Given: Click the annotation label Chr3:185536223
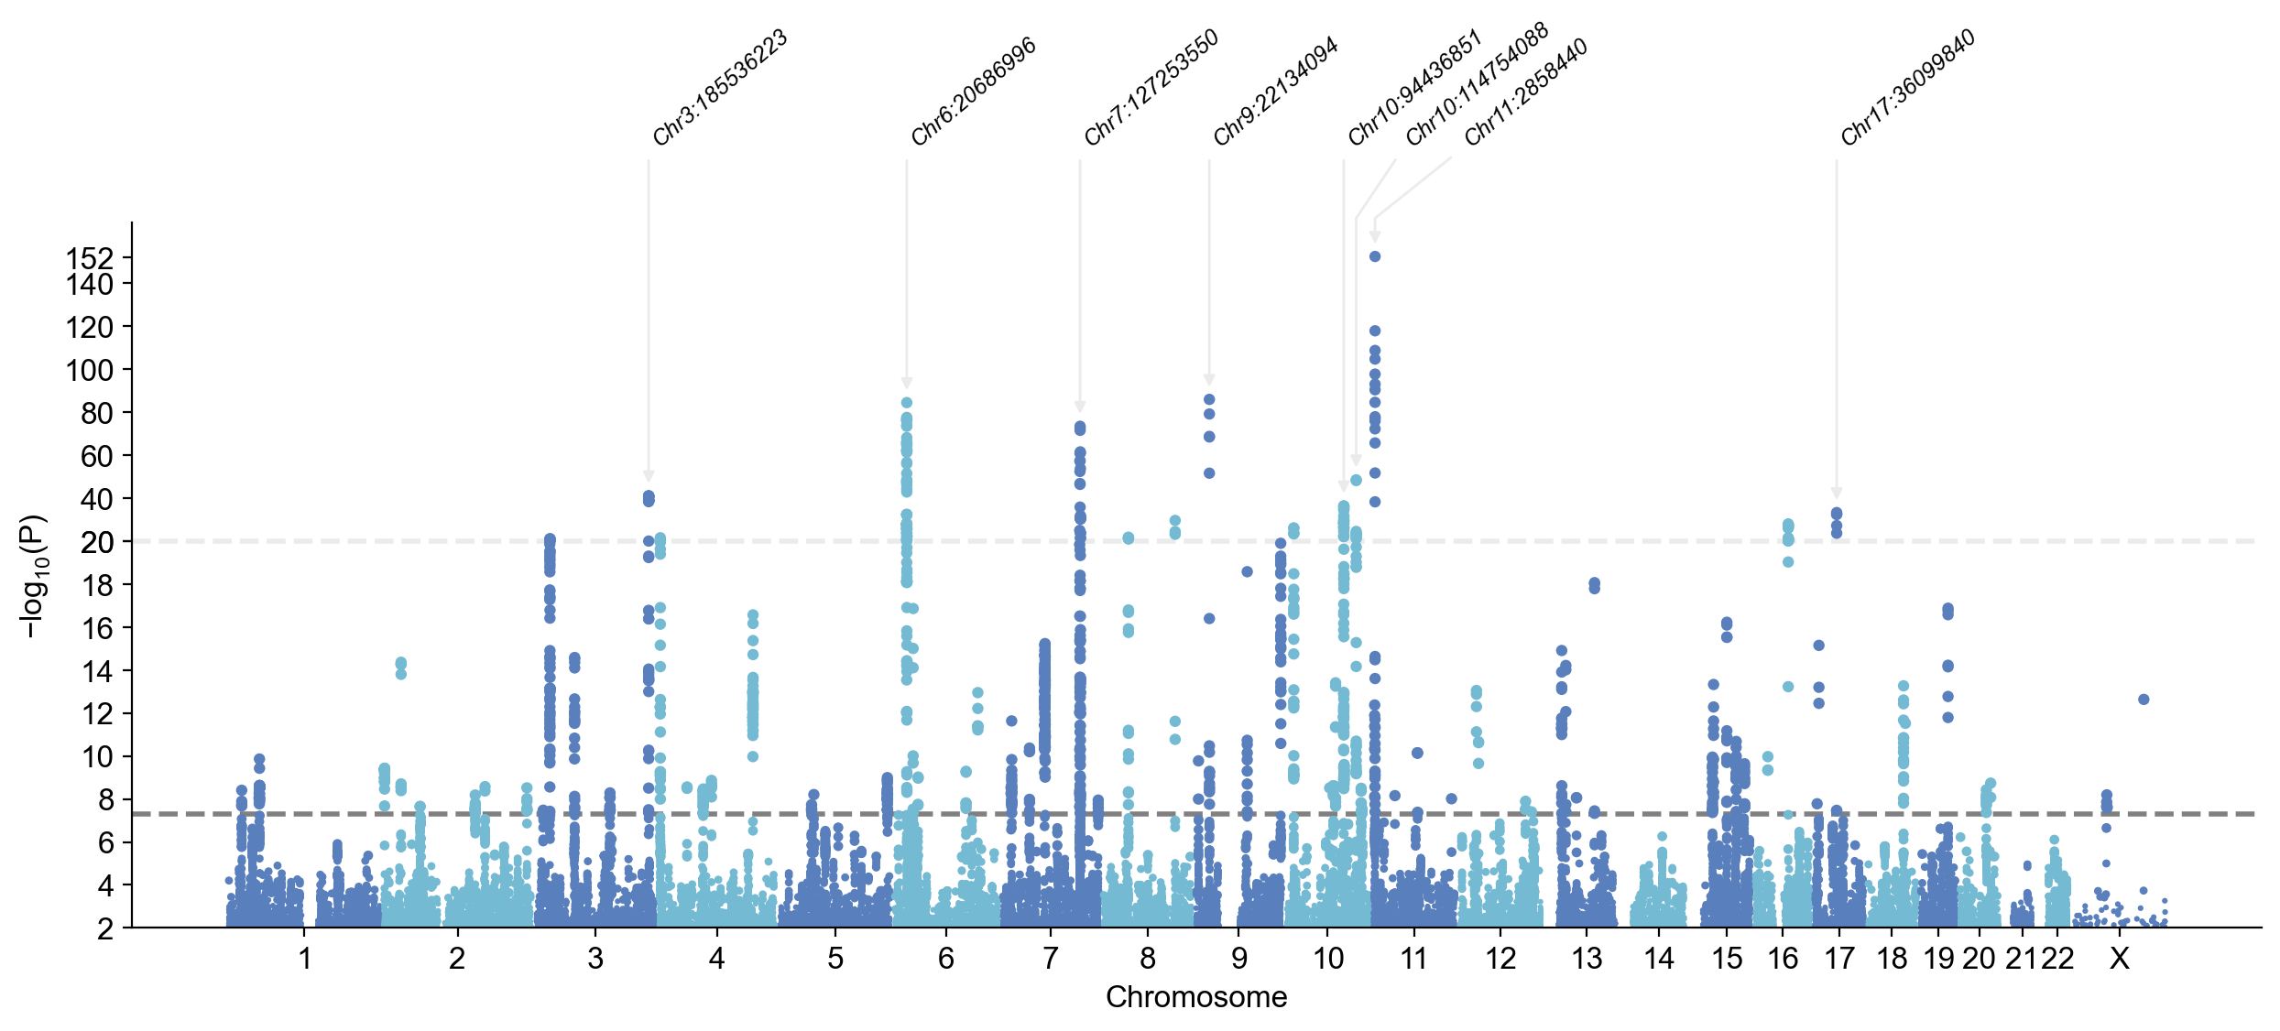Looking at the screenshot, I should [720, 89].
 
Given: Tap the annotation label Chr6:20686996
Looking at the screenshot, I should [973, 92].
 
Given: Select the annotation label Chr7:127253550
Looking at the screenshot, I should [1151, 88].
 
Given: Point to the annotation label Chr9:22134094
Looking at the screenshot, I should [1275, 92].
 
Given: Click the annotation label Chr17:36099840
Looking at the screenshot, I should [1907, 88].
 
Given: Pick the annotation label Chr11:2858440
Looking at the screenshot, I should [1525, 92].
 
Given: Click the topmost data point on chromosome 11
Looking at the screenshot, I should [1375, 256].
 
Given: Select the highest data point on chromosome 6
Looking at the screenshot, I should [907, 402].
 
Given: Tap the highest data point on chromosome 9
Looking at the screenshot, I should [1209, 399].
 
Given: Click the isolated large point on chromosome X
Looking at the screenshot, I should [2144, 700].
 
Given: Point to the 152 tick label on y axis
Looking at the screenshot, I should [90, 258].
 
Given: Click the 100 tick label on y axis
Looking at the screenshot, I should [90, 370].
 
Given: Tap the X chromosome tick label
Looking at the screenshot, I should [2119, 959].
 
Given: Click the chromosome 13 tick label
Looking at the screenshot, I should [1587, 959].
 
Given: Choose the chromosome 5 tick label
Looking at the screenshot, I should [835, 959].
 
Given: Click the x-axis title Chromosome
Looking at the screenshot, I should [1196, 997].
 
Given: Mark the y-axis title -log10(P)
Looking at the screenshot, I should [33, 576].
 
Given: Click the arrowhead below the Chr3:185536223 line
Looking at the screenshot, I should [649, 476].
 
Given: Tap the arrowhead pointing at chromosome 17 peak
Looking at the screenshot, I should [1837, 493].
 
